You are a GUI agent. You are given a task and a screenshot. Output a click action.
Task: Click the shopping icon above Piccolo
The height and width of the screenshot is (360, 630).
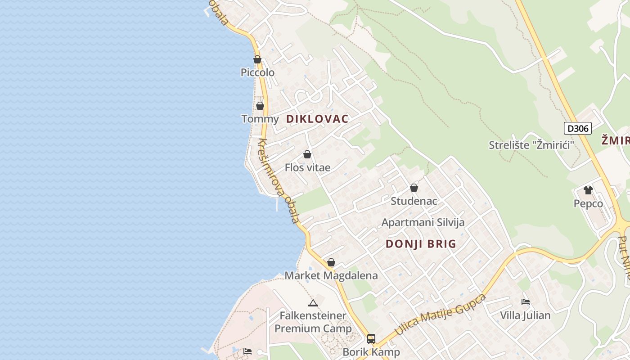click(x=257, y=59)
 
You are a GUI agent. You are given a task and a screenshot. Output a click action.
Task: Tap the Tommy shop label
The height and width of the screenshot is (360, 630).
click(x=260, y=119)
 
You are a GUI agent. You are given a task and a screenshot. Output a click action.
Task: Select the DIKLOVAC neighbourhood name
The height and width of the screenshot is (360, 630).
click(x=317, y=119)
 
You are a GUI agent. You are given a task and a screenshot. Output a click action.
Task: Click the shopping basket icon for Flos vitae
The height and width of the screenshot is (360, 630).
click(x=307, y=154)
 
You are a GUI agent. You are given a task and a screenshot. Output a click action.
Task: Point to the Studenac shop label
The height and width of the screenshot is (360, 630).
click(x=414, y=201)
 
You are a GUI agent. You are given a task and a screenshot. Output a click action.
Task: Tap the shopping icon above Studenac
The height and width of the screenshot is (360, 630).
click(x=414, y=188)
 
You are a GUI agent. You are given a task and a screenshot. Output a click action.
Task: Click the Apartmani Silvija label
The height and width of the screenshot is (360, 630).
click(x=423, y=222)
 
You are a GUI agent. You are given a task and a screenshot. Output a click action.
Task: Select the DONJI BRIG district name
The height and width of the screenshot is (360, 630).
click(x=421, y=244)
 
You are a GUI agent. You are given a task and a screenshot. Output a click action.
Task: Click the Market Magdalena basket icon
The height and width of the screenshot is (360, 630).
click(x=331, y=262)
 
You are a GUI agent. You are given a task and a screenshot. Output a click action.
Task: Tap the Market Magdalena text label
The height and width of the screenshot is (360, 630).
click(x=331, y=275)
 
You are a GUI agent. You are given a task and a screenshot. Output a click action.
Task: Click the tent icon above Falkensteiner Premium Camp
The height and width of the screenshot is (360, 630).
click(x=313, y=303)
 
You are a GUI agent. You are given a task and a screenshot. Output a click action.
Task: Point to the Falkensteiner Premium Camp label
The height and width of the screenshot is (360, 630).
click(x=313, y=322)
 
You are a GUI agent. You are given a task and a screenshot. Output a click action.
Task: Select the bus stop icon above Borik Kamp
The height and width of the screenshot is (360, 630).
click(x=371, y=338)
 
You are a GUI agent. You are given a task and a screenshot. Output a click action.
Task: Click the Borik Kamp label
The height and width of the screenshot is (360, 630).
click(x=371, y=352)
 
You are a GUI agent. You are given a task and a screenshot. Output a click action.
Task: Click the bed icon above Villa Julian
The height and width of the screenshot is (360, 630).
click(x=525, y=302)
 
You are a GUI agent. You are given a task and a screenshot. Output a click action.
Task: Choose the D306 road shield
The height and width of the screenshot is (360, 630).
click(x=578, y=128)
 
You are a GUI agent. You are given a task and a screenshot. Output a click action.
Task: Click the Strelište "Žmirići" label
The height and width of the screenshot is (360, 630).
click(x=532, y=145)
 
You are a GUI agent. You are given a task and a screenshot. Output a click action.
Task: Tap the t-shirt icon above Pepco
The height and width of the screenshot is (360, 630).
click(x=588, y=190)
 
